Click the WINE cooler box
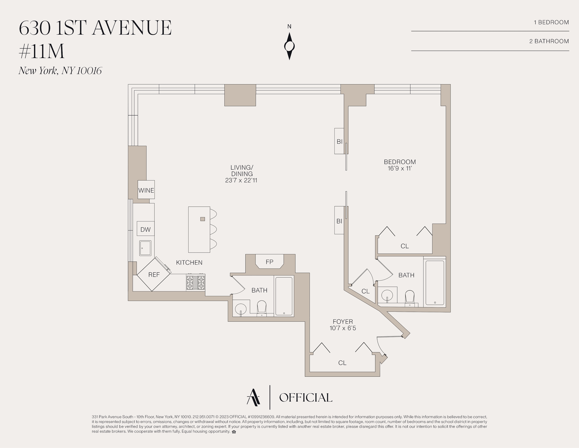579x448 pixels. pyautogui.click(x=146, y=190)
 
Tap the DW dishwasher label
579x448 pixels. pyautogui.click(x=146, y=230)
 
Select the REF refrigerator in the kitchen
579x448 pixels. pyautogui.click(x=153, y=274)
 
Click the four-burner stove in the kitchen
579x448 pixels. pyautogui.click(x=196, y=282)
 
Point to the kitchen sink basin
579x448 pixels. pyautogui.click(x=145, y=248)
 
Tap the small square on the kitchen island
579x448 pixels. pyautogui.click(x=203, y=219)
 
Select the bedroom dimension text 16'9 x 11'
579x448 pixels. pyautogui.click(x=400, y=168)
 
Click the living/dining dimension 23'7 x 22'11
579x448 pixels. pyautogui.click(x=241, y=180)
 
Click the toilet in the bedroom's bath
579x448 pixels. pyautogui.click(x=410, y=298)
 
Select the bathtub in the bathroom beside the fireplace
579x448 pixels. pyautogui.click(x=284, y=296)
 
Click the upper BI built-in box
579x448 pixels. pyautogui.click(x=339, y=141)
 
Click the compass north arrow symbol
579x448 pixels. pyautogui.click(x=289, y=46)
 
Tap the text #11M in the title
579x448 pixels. pyautogui.click(x=42, y=51)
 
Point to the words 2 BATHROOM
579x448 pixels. pyautogui.click(x=549, y=41)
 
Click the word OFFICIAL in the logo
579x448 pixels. pyautogui.click(x=306, y=398)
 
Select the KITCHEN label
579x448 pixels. pyautogui.click(x=189, y=262)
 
